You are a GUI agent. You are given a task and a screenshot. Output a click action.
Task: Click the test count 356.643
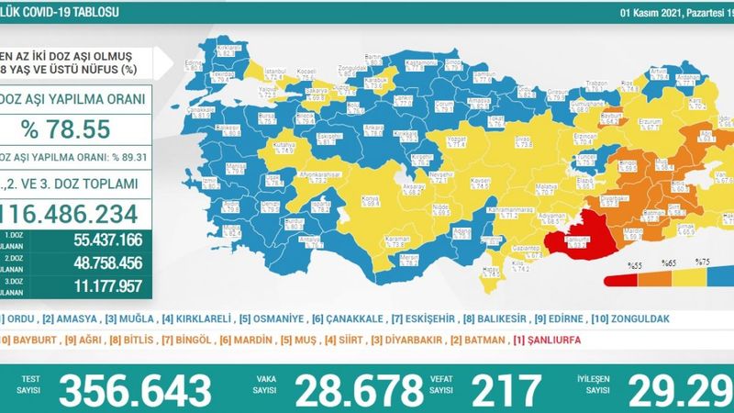[x=134, y=390]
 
